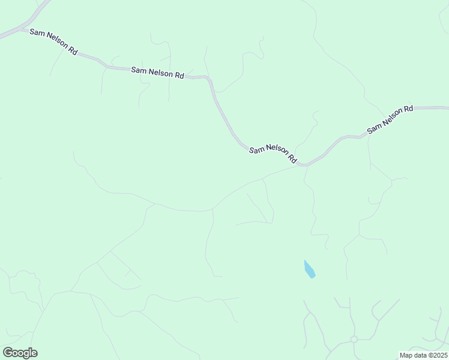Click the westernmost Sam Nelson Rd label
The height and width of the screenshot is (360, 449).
[x=53, y=42]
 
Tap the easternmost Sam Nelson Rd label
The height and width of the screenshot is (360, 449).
[x=390, y=119]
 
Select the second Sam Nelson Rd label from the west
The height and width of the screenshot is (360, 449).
[x=157, y=73]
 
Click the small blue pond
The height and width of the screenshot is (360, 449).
[x=310, y=269]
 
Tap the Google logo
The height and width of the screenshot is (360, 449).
[x=20, y=353]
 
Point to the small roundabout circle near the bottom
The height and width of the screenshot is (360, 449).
[x=354, y=339]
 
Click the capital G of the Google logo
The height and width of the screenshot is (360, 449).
[x=8, y=353]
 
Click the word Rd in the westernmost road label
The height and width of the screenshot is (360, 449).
[x=73, y=51]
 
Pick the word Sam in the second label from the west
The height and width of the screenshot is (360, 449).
[x=138, y=70]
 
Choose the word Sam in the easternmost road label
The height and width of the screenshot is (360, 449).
[x=373, y=128]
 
